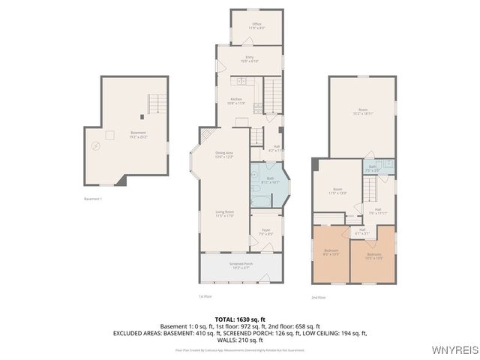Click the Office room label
pyautogui.click(x=256, y=25)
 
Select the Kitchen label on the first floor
pyautogui.click(x=236, y=100)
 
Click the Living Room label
pyautogui.click(x=225, y=212)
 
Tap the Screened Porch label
pyautogui.click(x=241, y=265)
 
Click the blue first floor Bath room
pyautogui.click(x=270, y=184)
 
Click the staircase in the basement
pyautogui.click(x=156, y=103)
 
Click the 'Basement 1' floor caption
pyautogui.click(x=93, y=199)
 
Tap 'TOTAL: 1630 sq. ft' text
pyautogui.click(x=239, y=319)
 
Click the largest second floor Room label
pyautogui.click(x=363, y=110)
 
